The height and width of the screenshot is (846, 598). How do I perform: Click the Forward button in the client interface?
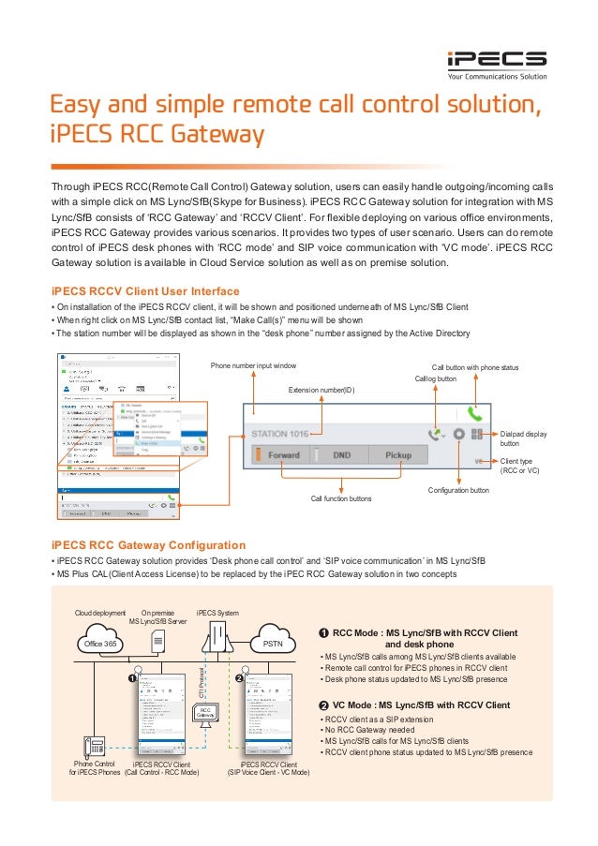283,456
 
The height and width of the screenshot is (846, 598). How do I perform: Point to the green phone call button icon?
475,412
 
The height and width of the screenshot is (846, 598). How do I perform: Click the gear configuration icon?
458,434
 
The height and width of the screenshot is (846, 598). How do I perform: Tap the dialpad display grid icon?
477,434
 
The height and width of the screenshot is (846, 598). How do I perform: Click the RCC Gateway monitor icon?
205,713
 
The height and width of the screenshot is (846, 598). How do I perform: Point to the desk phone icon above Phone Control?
94,747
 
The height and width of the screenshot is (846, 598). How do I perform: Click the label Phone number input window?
253,365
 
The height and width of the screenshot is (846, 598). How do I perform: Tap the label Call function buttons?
341,499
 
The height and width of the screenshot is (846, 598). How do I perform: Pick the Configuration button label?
458,490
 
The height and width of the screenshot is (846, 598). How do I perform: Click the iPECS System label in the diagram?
217,614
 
